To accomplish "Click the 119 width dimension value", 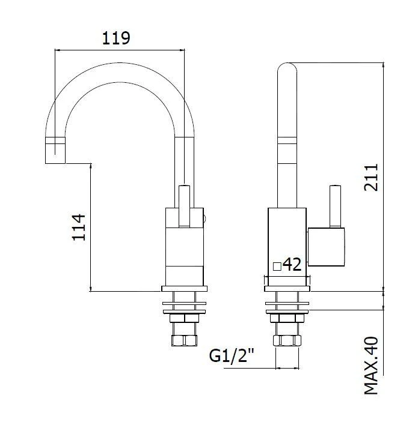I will pos(116,38).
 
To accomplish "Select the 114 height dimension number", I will pos(79,227).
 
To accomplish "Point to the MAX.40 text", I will pos(371,366).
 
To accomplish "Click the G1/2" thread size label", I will pos(232,356).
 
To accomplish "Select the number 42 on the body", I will pos(292,265).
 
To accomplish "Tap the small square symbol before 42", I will pos(276,266).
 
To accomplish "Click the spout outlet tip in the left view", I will pos(55,150).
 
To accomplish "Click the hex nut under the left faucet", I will pos(185,340).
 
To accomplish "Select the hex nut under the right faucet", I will pos(286,340).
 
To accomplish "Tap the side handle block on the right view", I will pos(326,247).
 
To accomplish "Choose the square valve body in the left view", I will pos(185,246).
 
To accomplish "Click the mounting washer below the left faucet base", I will pos(185,305).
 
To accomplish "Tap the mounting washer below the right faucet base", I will pos(286,305).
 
